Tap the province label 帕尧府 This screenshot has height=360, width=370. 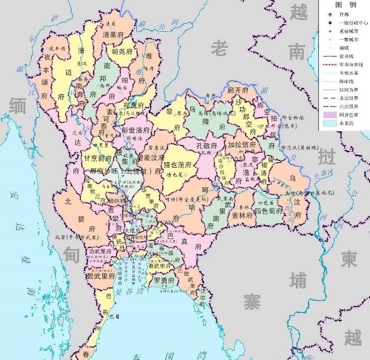point(122,51)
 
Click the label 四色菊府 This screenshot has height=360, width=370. point(268,211)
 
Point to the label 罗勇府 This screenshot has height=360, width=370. point(164,280)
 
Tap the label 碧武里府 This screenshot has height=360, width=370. point(101,276)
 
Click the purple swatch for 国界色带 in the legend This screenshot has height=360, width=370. point(329,115)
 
